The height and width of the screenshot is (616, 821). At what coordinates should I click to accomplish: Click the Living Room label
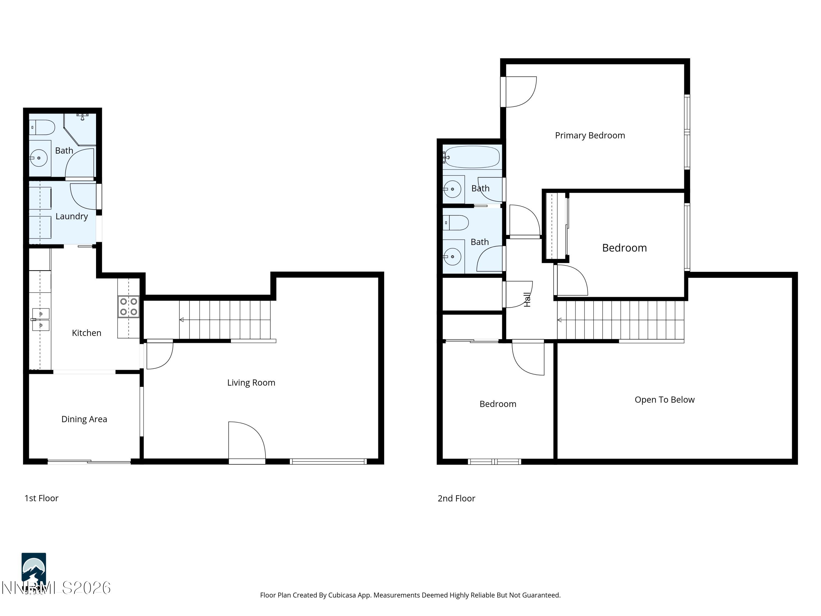pos(251,382)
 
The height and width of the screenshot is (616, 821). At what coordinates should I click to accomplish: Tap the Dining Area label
pos(84,419)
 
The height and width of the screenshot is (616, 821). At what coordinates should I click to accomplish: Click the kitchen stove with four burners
pos(128,307)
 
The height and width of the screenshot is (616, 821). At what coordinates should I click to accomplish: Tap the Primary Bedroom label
pos(590,135)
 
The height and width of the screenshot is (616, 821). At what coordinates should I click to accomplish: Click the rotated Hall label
pos(527,300)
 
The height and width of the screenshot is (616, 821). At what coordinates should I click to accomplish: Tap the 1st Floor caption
pos(41,498)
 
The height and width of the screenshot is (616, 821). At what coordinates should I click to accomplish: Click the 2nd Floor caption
pos(456,498)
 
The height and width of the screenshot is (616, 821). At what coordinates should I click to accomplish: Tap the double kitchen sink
pos(41,319)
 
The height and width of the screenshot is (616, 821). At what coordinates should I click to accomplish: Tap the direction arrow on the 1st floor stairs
pos(181,320)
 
